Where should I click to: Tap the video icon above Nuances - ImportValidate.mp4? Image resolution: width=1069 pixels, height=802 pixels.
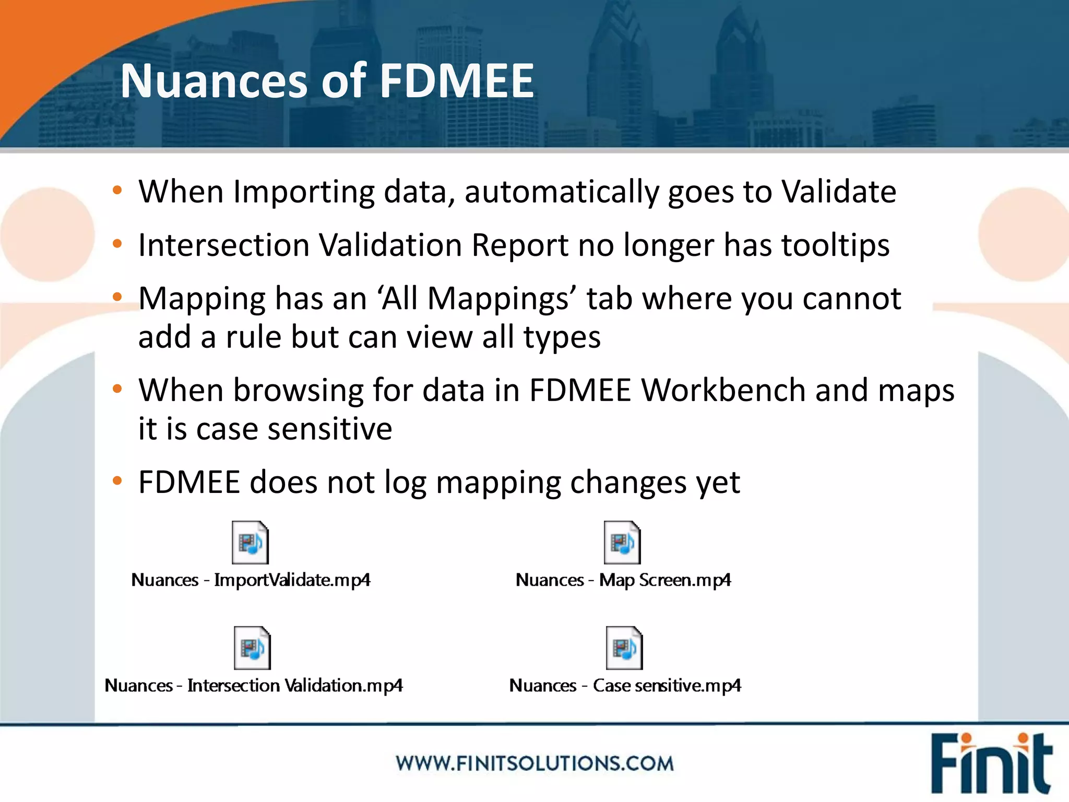point(250,542)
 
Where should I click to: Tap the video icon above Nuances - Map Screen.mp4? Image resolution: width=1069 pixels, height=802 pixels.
point(622,542)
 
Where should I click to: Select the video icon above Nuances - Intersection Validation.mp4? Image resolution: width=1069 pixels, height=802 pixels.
point(252,648)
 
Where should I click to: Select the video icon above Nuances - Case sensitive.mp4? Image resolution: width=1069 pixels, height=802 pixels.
point(624,648)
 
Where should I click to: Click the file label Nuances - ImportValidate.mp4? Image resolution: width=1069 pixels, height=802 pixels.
point(251,580)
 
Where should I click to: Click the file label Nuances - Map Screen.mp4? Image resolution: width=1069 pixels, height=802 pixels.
point(623,580)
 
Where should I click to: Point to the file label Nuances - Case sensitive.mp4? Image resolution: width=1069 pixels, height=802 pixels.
point(625,686)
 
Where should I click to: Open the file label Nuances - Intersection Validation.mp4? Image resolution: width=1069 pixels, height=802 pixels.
point(254,686)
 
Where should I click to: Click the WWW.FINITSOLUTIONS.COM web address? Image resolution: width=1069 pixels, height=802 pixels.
point(534,763)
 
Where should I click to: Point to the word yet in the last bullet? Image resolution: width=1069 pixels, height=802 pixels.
point(718,482)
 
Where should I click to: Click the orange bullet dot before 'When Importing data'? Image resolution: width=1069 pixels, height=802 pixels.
point(117,190)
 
